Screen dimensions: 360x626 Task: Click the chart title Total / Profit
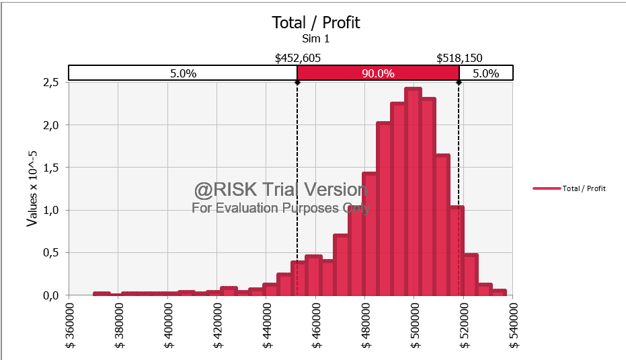[315, 22]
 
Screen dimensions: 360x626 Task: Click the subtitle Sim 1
[315, 39]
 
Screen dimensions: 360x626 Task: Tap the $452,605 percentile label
[298, 58]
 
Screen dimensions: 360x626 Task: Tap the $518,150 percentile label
[459, 58]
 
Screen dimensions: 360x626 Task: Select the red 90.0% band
[378, 73]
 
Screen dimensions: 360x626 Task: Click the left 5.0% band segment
[183, 73]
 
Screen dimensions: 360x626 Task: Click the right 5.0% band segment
[485, 73]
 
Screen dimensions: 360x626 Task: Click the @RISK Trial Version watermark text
[281, 190]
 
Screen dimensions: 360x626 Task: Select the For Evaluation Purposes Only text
[281, 208]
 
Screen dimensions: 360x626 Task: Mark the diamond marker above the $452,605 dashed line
[297, 82]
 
